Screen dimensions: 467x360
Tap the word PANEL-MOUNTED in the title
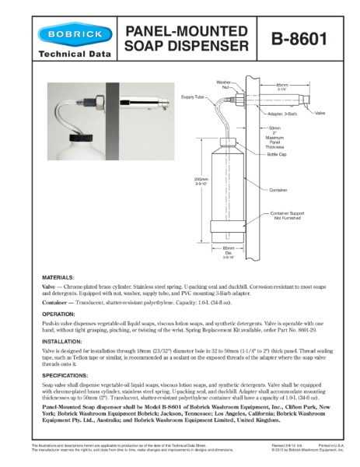[x=187, y=30]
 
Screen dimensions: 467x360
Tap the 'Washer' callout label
[x=223, y=81]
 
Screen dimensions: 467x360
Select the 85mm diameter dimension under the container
[x=229, y=248]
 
